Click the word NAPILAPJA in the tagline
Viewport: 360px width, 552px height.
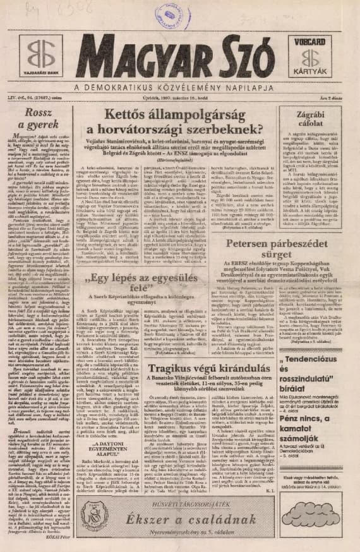[x=251, y=87]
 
